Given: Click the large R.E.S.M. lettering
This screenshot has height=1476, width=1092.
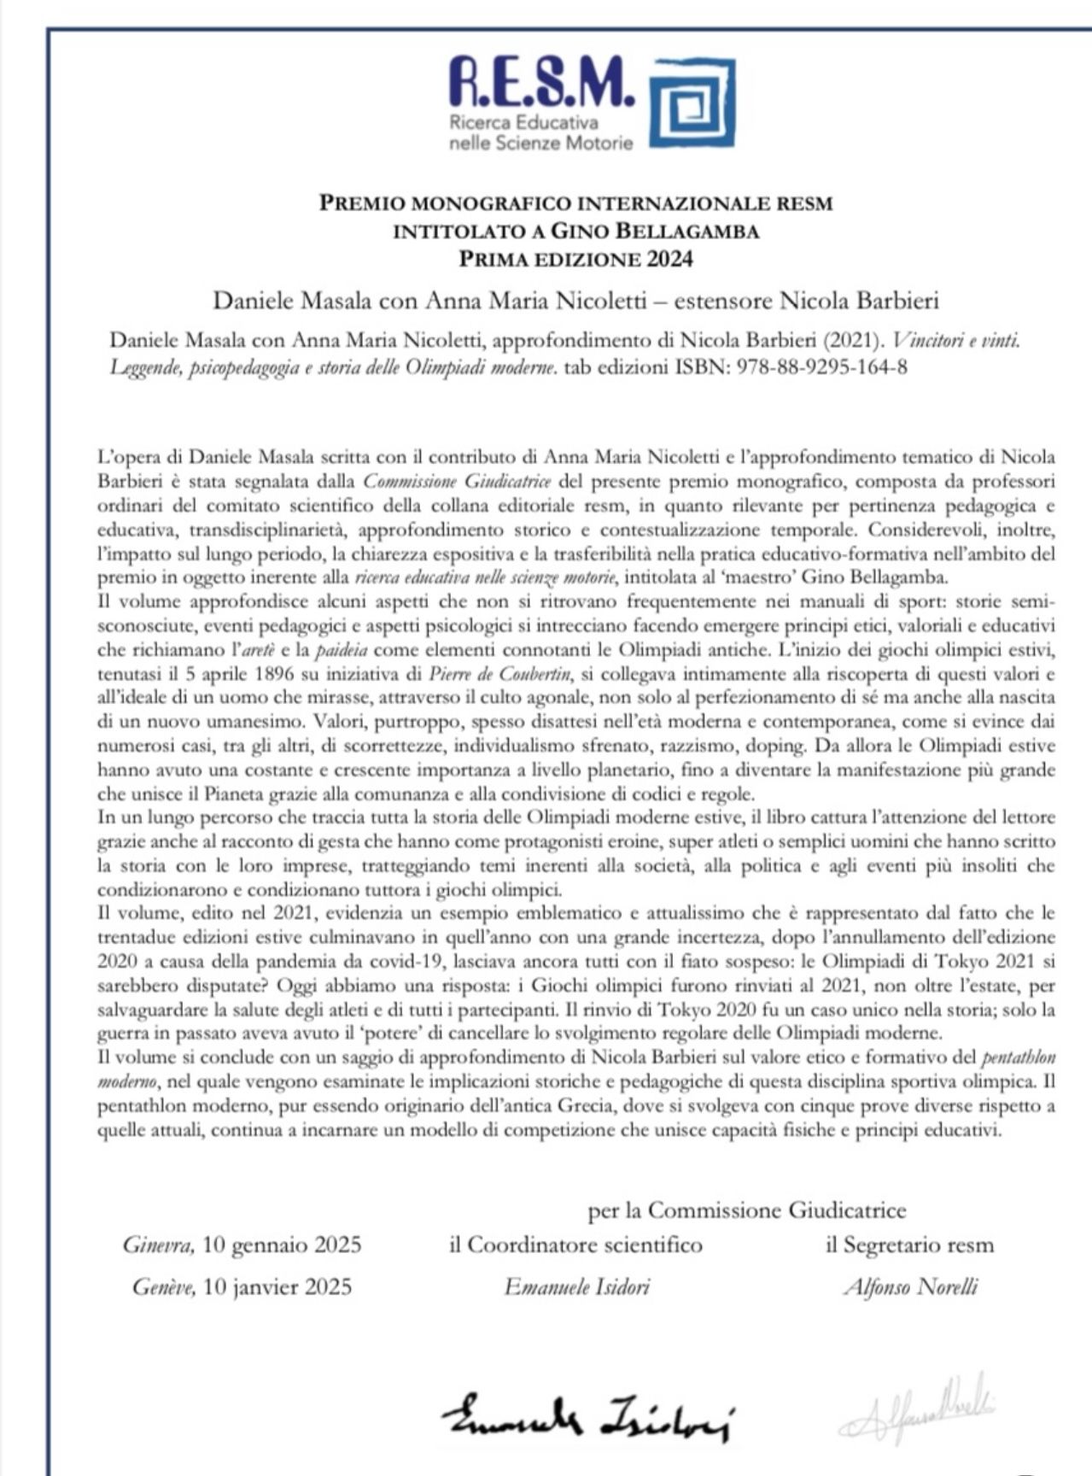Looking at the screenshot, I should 541,82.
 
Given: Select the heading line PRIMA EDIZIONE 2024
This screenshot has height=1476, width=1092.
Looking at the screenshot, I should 575,259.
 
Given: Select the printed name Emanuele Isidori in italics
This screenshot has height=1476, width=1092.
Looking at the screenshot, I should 576,1286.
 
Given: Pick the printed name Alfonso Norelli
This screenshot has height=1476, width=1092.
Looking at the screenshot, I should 910,1286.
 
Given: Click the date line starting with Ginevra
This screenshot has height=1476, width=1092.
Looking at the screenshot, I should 242,1245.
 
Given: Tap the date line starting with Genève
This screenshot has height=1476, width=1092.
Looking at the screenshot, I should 242,1286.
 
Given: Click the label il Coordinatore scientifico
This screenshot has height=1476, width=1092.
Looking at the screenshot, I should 576,1245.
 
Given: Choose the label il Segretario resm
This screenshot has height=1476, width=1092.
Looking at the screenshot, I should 910,1245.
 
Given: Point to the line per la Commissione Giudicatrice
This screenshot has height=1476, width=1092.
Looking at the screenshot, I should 747,1209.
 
